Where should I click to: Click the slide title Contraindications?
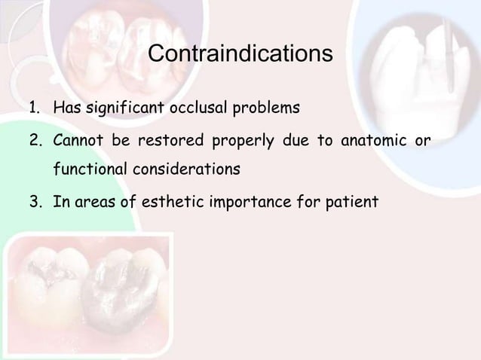[240, 55]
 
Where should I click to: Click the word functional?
[88, 169]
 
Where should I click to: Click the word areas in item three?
[93, 201]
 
